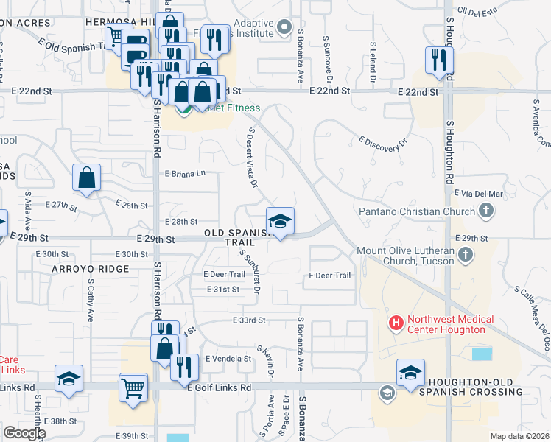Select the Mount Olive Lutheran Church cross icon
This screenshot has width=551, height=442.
tap(465, 256)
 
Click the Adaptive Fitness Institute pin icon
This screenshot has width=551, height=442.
tap(285, 29)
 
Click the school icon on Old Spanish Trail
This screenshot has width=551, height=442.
tap(280, 221)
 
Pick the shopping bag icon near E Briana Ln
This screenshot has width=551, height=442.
tap(87, 178)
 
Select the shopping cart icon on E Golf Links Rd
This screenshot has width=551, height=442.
tap(133, 387)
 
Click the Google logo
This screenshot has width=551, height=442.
tap(24, 433)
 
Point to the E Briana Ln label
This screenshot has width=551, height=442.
tap(185, 174)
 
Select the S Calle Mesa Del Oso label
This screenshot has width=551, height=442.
tap(536, 318)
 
